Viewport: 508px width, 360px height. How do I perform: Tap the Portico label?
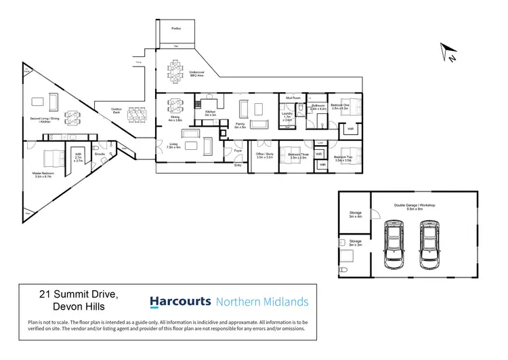click(x=176, y=29)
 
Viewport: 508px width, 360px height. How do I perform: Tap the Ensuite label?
click(x=99, y=155)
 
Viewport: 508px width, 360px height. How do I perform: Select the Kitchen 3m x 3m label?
click(x=210, y=113)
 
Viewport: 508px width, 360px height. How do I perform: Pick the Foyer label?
click(x=238, y=151)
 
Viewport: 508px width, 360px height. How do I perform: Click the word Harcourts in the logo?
click(x=179, y=302)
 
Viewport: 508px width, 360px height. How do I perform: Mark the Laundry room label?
click(x=287, y=116)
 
